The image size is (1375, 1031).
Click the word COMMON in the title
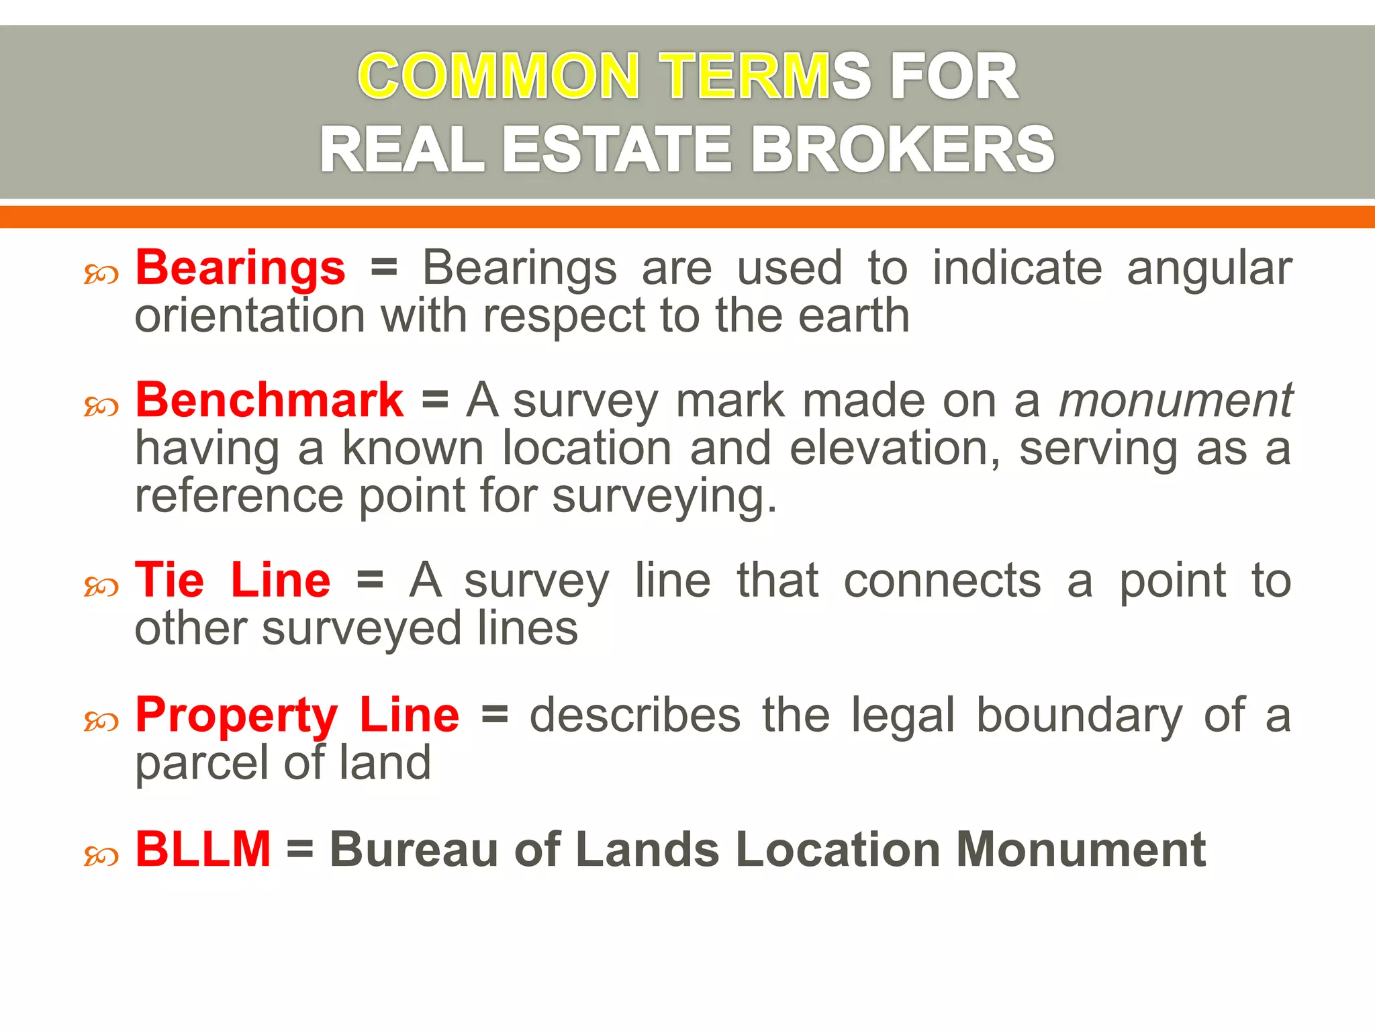(x=498, y=77)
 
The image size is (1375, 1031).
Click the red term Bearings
(x=240, y=268)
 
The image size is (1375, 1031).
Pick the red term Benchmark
(x=269, y=401)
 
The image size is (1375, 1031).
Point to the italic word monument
(x=1175, y=401)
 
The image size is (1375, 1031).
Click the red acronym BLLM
(x=203, y=850)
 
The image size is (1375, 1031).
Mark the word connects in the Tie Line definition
(x=942, y=581)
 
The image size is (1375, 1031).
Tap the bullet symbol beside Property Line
(x=101, y=722)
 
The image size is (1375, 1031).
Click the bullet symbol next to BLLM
(x=101, y=856)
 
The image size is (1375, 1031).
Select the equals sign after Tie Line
(x=370, y=581)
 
